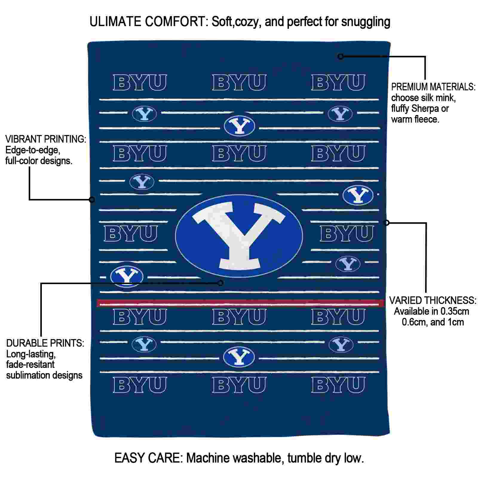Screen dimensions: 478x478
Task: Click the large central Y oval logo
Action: point(239,236)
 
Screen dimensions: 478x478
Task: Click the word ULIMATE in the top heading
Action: point(116,22)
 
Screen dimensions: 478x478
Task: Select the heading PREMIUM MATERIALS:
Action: point(433,87)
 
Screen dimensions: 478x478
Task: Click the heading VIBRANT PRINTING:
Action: point(46,139)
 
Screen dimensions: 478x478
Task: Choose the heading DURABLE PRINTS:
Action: point(45,343)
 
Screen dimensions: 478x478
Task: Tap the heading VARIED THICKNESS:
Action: point(433,301)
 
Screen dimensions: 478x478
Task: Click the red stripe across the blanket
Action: point(240,303)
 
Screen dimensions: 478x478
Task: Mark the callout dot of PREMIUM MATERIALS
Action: point(341,56)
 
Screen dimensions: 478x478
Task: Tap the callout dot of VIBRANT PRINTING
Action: point(92,200)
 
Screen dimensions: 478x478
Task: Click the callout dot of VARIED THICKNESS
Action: point(387,223)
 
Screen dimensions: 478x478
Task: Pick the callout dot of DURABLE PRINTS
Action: point(220,283)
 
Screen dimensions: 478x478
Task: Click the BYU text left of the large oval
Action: point(131,234)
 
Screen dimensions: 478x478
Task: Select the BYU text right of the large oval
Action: point(347,234)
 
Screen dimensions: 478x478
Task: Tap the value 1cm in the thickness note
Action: point(455,322)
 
